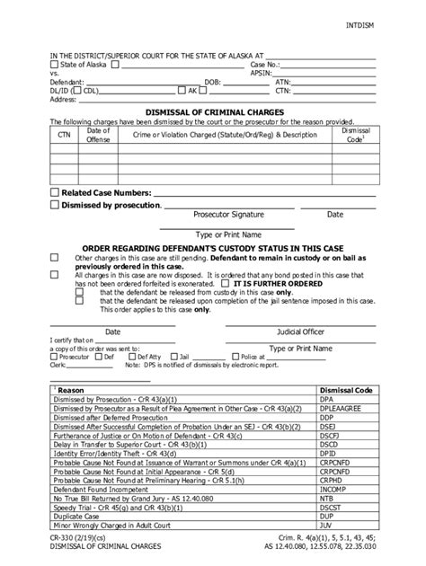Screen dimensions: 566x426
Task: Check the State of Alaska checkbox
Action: (x=55, y=65)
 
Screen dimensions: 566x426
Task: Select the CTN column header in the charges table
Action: (x=63, y=135)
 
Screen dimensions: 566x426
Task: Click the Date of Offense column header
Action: (x=98, y=135)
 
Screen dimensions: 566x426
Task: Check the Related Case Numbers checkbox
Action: (x=55, y=192)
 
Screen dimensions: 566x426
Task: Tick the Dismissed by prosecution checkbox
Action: (x=55, y=205)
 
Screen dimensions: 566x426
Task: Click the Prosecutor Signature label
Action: (x=228, y=216)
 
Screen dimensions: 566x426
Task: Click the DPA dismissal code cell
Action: (x=329, y=400)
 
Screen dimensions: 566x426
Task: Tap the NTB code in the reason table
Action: (x=328, y=500)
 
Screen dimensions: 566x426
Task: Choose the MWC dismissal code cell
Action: (x=329, y=526)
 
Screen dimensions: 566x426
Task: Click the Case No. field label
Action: (x=267, y=65)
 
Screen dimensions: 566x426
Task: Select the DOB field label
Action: (x=213, y=82)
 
